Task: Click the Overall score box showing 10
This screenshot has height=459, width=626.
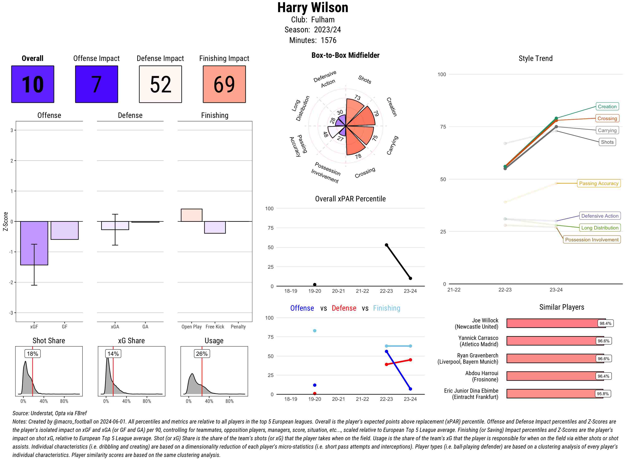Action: [33, 84]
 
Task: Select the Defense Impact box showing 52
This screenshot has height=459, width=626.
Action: [160, 84]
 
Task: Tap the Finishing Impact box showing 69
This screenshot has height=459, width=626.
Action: [224, 84]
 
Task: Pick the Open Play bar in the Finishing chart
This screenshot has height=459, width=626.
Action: [191, 215]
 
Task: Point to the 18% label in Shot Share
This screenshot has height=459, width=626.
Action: [33, 354]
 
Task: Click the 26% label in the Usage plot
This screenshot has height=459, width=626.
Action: [202, 354]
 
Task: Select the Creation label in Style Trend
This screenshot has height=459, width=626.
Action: [607, 106]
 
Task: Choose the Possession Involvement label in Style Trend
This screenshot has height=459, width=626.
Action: [592, 240]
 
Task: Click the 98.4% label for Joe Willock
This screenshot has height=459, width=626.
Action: [605, 323]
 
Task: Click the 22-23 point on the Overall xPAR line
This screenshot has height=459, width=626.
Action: [386, 245]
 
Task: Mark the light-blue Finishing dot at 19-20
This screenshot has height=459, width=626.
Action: [314, 331]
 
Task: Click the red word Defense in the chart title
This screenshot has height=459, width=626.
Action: [344, 308]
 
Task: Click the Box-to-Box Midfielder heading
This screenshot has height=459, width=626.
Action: [345, 55]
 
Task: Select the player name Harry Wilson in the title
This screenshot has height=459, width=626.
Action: [313, 8]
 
